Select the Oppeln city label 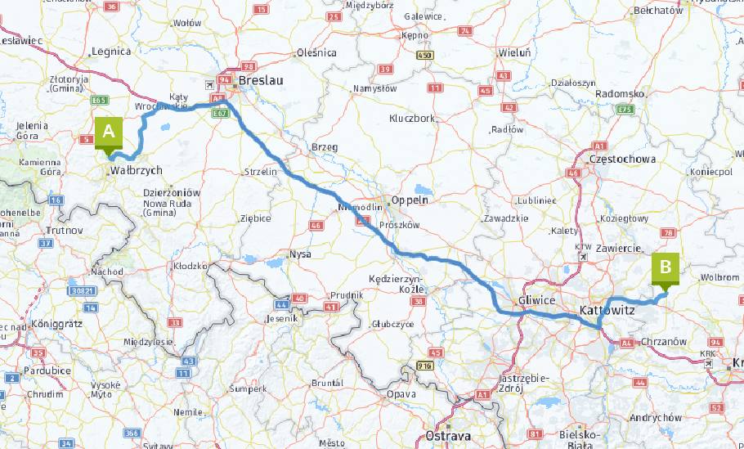[410, 200]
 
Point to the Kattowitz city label [607, 311]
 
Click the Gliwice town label [536, 301]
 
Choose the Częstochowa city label [623, 159]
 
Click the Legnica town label [112, 51]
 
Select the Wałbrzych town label [136, 171]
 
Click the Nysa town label [300, 254]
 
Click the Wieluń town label [514, 53]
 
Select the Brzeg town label [325, 147]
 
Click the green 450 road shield [424, 55]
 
